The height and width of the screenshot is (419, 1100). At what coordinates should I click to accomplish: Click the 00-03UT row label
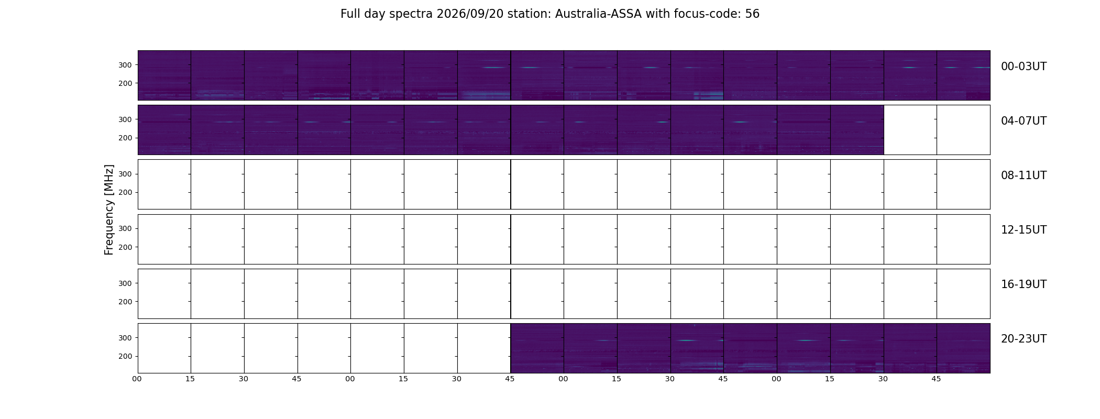tap(1024, 67)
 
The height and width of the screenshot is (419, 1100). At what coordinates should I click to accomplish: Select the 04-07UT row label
tap(1024, 121)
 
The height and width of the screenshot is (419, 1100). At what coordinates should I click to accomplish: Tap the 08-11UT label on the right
tap(1024, 175)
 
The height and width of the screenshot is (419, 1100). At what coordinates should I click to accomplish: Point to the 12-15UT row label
tap(1024, 230)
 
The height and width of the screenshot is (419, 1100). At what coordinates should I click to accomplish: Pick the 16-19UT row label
tap(1024, 284)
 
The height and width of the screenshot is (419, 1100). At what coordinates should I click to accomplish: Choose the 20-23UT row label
tap(1024, 339)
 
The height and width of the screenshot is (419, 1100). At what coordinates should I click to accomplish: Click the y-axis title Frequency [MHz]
tap(109, 210)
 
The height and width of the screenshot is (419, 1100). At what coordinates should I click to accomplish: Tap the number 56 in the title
tap(752, 14)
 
